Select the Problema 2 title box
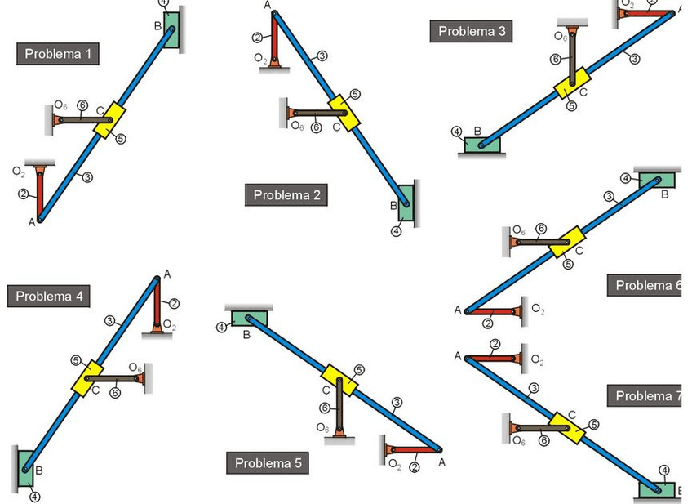tap(286, 194)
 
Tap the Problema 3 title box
tap(472, 31)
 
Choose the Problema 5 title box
tap(268, 463)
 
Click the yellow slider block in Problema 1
tap(109, 120)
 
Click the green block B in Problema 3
tap(483, 145)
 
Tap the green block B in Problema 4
tap(24, 466)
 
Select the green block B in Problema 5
tap(249, 319)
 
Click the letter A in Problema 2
tap(267, 6)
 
